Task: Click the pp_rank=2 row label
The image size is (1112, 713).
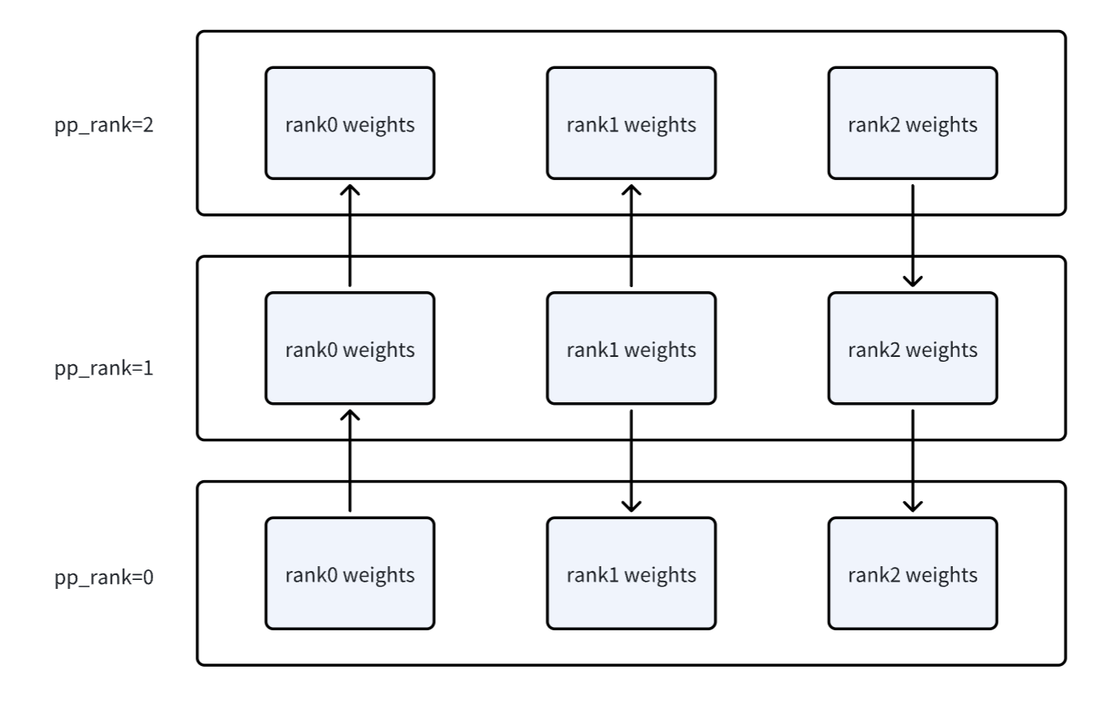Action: click(x=104, y=125)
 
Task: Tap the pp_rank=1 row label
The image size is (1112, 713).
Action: click(x=104, y=368)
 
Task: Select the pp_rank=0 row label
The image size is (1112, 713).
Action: click(x=104, y=578)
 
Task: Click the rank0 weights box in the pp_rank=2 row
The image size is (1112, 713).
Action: click(x=350, y=123)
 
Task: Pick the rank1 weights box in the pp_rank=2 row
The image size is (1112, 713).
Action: click(x=631, y=123)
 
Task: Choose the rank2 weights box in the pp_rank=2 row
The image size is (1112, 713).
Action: click(x=913, y=123)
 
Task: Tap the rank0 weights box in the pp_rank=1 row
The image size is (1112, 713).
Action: click(x=350, y=348)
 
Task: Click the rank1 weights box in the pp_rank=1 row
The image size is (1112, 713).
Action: click(x=631, y=348)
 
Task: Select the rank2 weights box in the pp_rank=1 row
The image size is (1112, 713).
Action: click(x=913, y=348)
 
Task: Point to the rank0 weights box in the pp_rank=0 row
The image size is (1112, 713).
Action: click(x=350, y=573)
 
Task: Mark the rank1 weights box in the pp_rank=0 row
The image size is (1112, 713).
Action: click(x=631, y=573)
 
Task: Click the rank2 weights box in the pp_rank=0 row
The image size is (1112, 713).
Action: click(x=913, y=573)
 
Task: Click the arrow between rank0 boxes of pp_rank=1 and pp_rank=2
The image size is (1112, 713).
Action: click(x=350, y=236)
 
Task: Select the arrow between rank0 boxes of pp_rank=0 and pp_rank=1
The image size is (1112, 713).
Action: click(x=350, y=461)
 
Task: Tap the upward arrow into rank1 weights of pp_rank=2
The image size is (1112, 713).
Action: click(x=631, y=236)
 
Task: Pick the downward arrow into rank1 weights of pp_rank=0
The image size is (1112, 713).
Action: click(x=631, y=461)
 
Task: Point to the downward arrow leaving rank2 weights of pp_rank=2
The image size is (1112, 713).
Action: click(x=913, y=236)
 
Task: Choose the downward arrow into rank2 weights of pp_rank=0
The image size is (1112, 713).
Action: click(x=913, y=461)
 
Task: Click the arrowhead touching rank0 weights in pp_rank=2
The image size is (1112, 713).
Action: click(x=350, y=190)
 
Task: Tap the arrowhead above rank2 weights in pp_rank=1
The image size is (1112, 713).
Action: click(x=913, y=281)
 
